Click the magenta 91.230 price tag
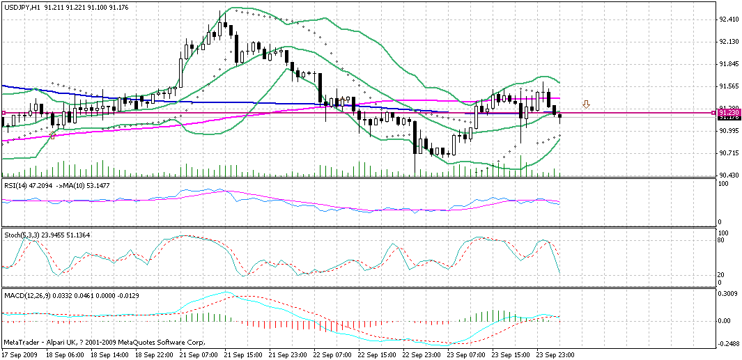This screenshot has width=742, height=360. pyautogui.click(x=729, y=112)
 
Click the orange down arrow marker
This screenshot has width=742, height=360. pyautogui.click(x=587, y=104)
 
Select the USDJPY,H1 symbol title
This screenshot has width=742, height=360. pyautogui.click(x=20, y=6)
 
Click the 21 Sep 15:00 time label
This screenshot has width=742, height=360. pyautogui.click(x=245, y=354)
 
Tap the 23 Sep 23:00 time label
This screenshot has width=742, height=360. pyautogui.click(x=556, y=354)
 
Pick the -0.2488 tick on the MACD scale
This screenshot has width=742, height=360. pyautogui.click(x=729, y=343)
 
